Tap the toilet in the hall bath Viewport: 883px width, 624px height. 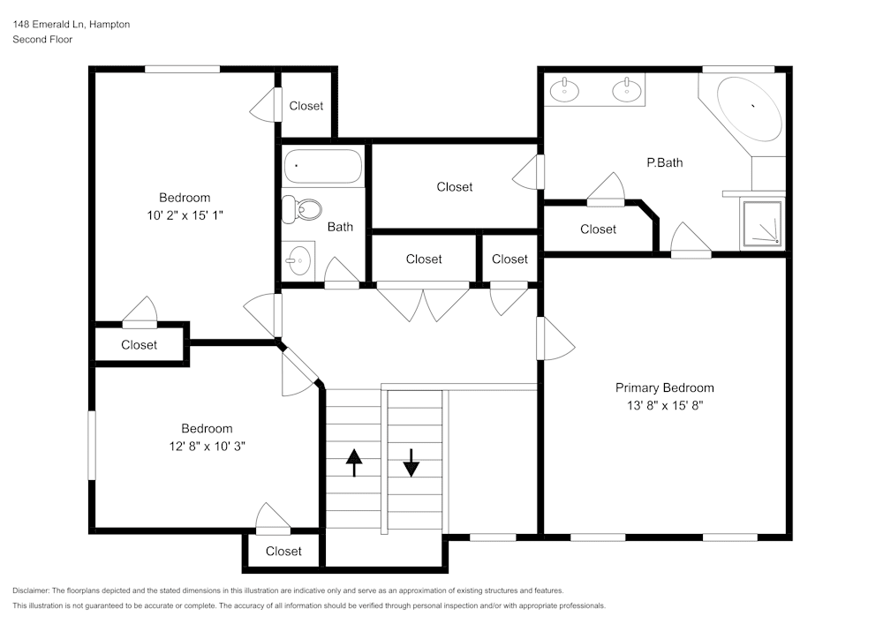(x=300, y=209)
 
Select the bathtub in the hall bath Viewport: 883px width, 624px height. (x=322, y=165)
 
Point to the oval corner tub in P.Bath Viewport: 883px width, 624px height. (x=749, y=108)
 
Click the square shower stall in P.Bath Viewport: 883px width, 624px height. (x=761, y=222)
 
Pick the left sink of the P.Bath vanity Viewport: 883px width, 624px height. (x=562, y=89)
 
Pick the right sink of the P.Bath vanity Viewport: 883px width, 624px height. (x=628, y=89)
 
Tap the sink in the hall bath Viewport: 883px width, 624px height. (x=298, y=260)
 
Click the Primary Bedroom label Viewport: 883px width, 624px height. (x=664, y=387)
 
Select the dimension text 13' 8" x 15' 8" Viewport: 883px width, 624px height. (x=664, y=406)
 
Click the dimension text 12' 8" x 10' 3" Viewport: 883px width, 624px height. (x=208, y=447)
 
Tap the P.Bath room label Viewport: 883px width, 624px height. (x=664, y=162)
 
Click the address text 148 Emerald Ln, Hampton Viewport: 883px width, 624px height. (x=72, y=25)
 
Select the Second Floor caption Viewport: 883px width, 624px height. (x=42, y=40)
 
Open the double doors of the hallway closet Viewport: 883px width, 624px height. (x=423, y=302)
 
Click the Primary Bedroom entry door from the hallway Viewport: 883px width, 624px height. (x=555, y=339)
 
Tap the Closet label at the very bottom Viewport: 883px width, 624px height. (x=283, y=552)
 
